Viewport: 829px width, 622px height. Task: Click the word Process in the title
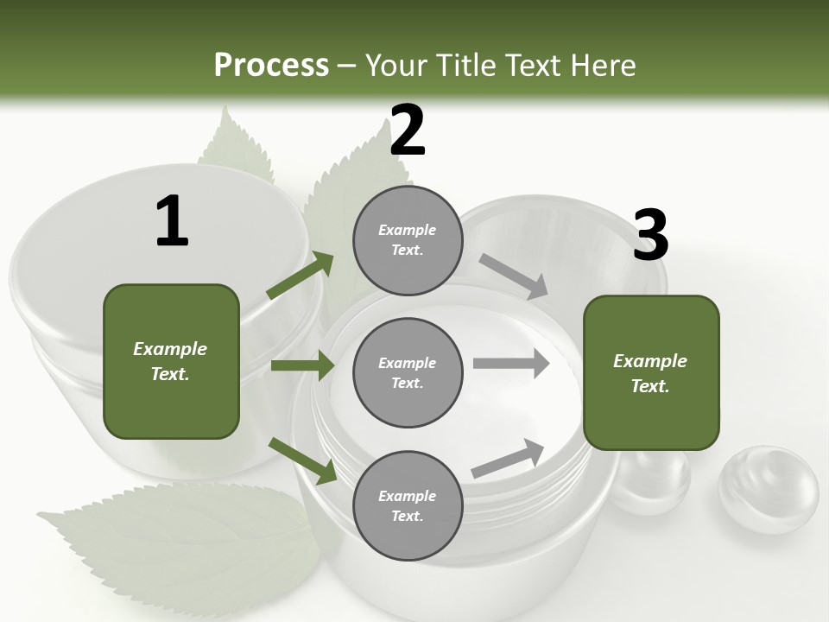pyautogui.click(x=271, y=66)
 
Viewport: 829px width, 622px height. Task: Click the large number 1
pyautogui.click(x=172, y=221)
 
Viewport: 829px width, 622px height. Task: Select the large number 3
pyautogui.click(x=650, y=236)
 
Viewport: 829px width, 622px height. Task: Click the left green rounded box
pyautogui.click(x=171, y=361)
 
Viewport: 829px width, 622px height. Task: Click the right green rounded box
pyautogui.click(x=651, y=373)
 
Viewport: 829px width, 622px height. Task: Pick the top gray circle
pyautogui.click(x=408, y=240)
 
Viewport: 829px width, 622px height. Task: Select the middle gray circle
pyautogui.click(x=408, y=372)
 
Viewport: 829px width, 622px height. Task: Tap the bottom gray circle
pyautogui.click(x=408, y=505)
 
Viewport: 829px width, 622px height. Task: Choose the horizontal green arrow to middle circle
pyautogui.click(x=302, y=365)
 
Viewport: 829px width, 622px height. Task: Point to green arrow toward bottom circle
pyautogui.click(x=302, y=460)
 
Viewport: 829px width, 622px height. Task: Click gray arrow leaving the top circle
pyautogui.click(x=514, y=276)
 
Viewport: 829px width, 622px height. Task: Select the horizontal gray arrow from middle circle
pyautogui.click(x=511, y=364)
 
